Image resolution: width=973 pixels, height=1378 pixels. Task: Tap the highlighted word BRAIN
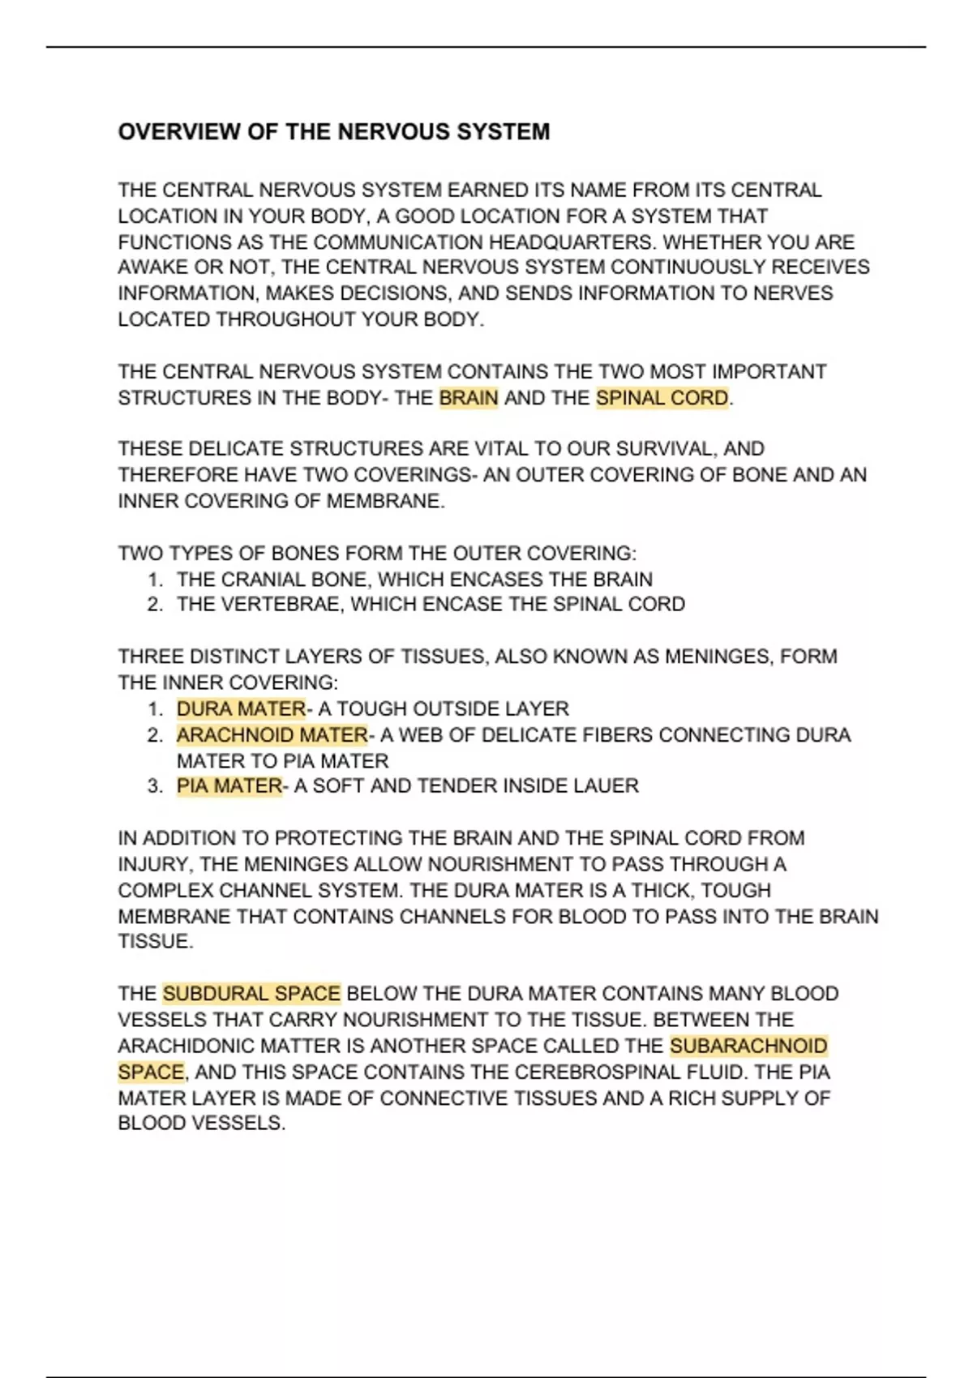click(x=468, y=398)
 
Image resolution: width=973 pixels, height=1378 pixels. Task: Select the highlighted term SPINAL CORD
click(x=662, y=398)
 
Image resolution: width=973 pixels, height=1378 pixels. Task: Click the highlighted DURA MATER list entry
click(x=241, y=708)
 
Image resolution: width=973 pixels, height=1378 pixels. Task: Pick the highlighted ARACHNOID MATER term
click(x=272, y=735)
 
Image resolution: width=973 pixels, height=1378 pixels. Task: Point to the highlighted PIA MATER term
click(x=229, y=785)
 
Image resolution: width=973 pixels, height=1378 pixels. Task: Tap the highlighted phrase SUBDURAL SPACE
click(x=251, y=994)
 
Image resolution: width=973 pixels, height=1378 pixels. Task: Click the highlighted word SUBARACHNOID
click(x=748, y=1046)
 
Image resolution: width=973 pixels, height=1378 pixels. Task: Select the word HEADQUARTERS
click(x=569, y=242)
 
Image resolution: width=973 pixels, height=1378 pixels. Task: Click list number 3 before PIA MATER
click(x=155, y=786)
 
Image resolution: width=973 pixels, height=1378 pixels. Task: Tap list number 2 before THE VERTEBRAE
click(x=155, y=605)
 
